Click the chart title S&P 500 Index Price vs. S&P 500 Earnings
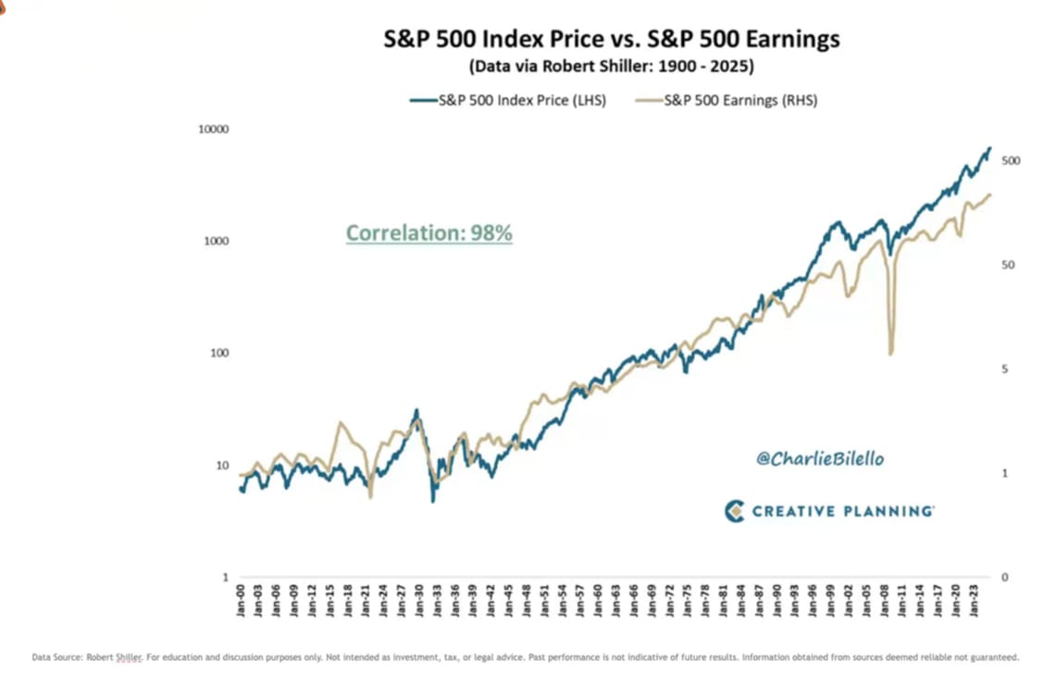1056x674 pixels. click(x=612, y=40)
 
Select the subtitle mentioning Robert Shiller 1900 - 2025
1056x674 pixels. click(x=612, y=67)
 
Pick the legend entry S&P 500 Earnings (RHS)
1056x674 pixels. click(x=740, y=101)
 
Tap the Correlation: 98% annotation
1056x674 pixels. click(x=429, y=233)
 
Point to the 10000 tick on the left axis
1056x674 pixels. click(x=213, y=130)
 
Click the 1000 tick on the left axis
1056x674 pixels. click(x=216, y=242)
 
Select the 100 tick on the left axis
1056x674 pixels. click(x=218, y=354)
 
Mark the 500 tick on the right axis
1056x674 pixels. click(x=1011, y=161)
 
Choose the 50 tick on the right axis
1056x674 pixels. click(x=1008, y=265)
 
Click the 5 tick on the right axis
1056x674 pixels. click(x=1005, y=369)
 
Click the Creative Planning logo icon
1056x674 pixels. click(x=735, y=511)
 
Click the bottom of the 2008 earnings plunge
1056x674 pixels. click(x=891, y=354)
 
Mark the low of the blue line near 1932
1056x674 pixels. click(x=433, y=501)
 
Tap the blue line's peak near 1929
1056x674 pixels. click(x=416, y=410)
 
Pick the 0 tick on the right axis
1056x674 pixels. click(x=1005, y=578)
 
